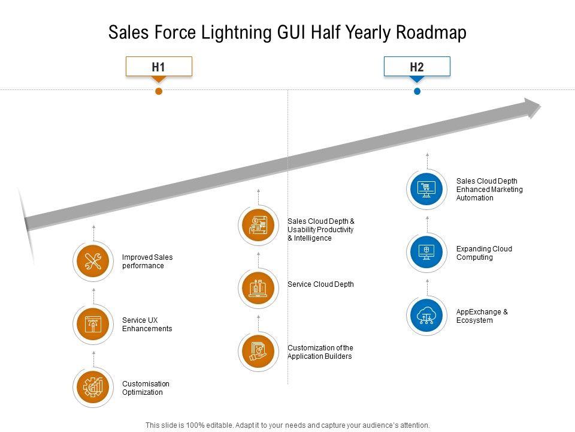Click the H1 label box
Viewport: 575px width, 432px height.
pos(159,67)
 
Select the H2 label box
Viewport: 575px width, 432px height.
pos(417,67)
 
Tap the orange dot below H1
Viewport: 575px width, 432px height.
pos(159,91)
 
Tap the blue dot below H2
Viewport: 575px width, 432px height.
pos(417,91)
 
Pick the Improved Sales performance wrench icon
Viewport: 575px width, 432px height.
pos(93,262)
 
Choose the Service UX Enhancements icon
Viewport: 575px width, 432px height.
pos(93,325)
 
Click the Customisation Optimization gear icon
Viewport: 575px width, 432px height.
pos(93,388)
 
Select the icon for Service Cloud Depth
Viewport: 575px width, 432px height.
pos(258,288)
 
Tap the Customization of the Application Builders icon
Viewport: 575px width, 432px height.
pos(258,352)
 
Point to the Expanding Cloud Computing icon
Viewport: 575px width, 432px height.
pos(426,253)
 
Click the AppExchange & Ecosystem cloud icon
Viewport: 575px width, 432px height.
pos(426,316)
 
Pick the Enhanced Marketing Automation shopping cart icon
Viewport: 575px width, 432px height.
pos(426,189)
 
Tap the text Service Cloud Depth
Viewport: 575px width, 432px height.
pos(320,284)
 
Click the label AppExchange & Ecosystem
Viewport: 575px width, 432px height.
pos(482,316)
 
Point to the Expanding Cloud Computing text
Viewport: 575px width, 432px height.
pos(483,253)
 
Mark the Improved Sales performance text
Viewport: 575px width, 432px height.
pos(147,262)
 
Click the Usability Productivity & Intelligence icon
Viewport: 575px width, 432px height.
pos(258,225)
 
